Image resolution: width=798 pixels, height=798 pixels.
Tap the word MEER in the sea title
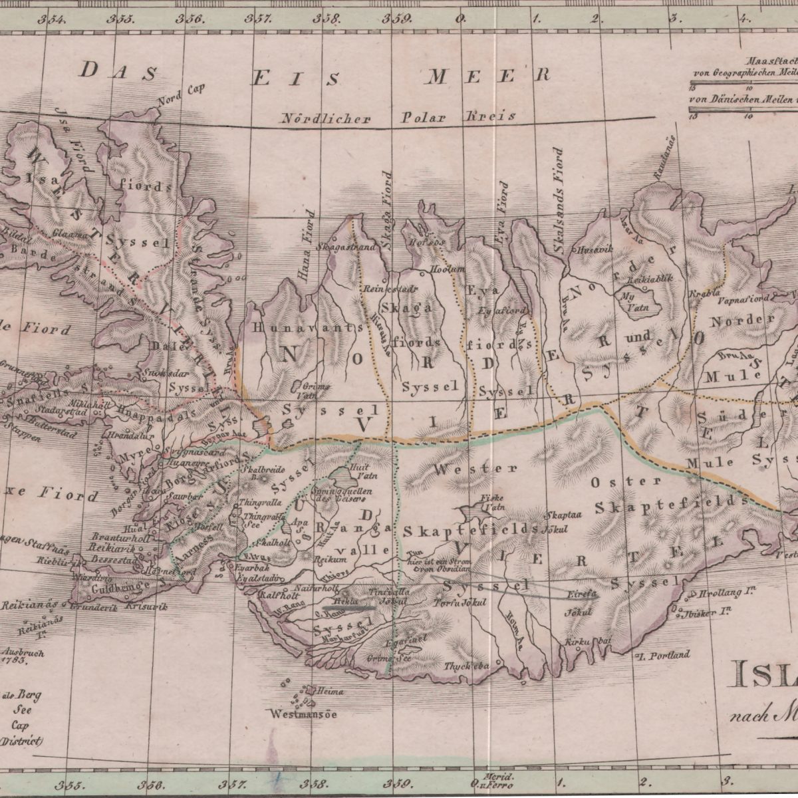(x=488, y=75)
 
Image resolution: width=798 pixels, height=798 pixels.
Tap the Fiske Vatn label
(x=493, y=500)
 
